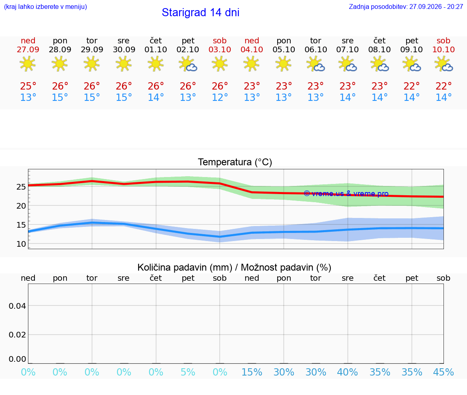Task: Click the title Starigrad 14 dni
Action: pos(200,13)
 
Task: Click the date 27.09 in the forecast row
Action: pos(28,49)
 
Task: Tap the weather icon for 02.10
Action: pos(188,64)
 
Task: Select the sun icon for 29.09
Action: pos(92,64)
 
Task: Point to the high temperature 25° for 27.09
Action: pos(28,86)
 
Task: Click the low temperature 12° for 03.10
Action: pos(220,97)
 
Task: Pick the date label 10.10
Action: pos(443,49)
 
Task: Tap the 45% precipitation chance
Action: pos(443,372)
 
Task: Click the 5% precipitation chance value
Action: pos(188,372)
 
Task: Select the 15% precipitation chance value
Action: pos(252,372)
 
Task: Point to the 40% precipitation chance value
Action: pos(347,372)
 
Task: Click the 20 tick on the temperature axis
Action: pos(21,206)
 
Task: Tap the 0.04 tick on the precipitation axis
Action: pos(17,306)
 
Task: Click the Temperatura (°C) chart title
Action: pos(235,162)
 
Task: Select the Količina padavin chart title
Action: pos(234,267)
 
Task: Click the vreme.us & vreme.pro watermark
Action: pos(346,194)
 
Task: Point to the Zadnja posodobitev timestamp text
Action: pos(406,6)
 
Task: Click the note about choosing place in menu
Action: pos(45,6)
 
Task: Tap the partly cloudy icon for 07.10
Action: pos(347,64)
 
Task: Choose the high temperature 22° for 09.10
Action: pos(411,86)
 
